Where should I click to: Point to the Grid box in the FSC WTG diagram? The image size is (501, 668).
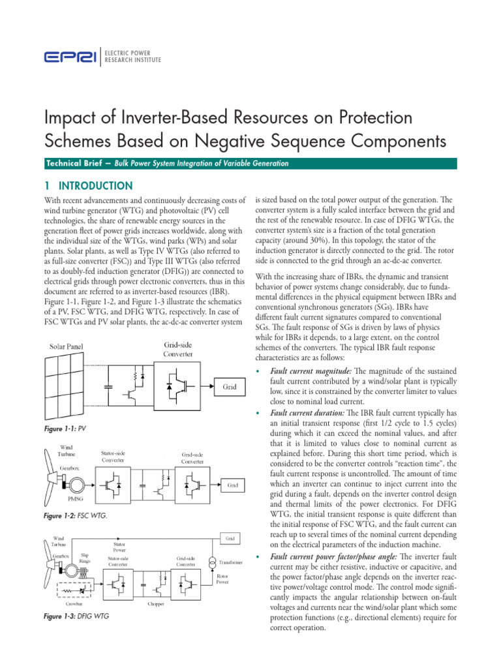point(232,486)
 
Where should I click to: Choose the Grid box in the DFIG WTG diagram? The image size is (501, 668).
point(230,539)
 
